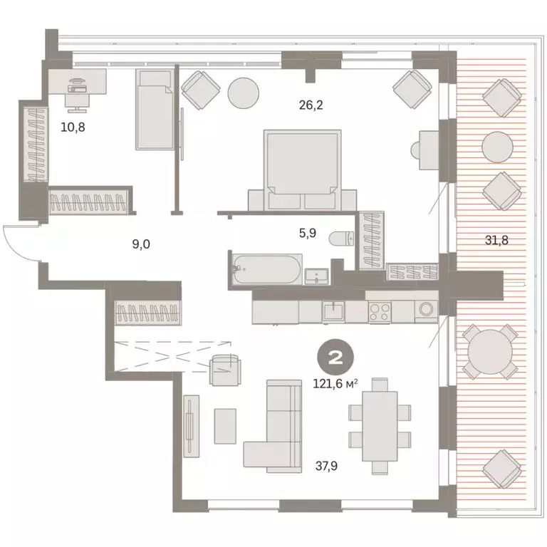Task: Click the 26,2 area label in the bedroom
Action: click(311, 105)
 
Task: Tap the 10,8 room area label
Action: click(73, 127)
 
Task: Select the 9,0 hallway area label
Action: click(141, 244)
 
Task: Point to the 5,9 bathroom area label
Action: click(308, 233)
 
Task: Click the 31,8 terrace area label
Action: click(496, 240)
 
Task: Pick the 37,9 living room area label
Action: click(326, 466)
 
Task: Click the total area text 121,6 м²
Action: click(335, 384)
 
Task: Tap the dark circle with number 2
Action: click(335, 358)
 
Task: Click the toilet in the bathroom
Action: click(342, 239)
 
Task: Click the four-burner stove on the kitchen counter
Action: click(380, 311)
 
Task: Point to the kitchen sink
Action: click(333, 311)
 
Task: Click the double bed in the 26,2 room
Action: click(303, 170)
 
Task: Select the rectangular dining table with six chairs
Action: click(380, 427)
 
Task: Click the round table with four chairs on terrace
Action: click(490, 352)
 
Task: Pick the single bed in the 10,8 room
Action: click(155, 109)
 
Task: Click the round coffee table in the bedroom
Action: click(243, 93)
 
